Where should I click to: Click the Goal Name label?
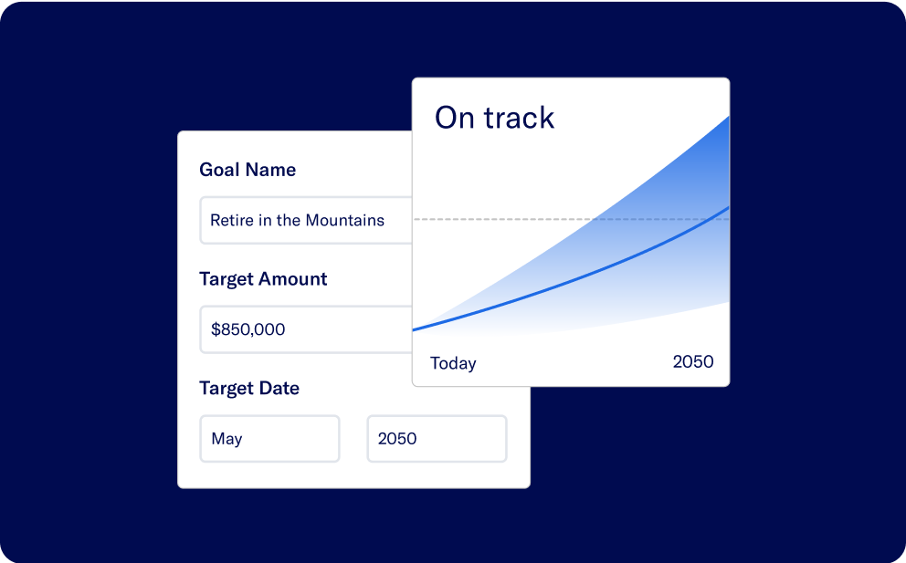pos(248,170)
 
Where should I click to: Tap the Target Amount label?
pos(263,279)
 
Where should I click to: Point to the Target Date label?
pos(249,389)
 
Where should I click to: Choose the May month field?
pos(269,439)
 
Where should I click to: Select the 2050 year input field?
pos(437,439)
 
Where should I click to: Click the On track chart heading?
pos(494,118)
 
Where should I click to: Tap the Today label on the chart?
pos(453,363)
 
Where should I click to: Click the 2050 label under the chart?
pos(693,361)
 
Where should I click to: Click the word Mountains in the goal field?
pos(344,220)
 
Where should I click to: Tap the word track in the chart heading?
pos(519,118)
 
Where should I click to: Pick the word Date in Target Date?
pos(279,389)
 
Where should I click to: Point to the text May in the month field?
pos(226,439)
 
